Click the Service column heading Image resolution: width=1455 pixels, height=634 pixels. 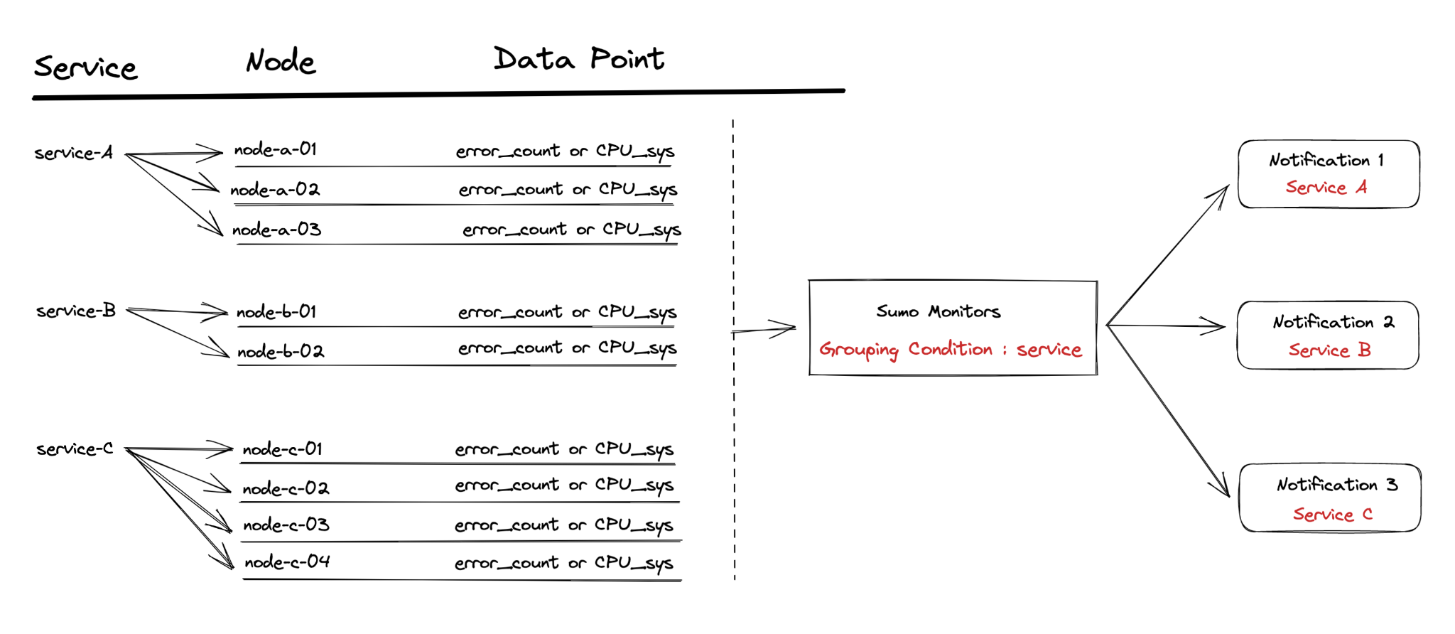85,68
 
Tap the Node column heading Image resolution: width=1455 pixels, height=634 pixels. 281,62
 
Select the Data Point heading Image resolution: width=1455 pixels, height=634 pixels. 579,59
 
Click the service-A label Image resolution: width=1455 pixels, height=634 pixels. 74,153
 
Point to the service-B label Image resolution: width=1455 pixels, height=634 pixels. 76,311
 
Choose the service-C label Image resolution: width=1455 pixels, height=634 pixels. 75,449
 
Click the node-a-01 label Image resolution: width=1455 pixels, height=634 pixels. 276,149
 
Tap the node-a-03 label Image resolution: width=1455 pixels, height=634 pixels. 277,230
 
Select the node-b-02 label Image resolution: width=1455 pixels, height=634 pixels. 281,351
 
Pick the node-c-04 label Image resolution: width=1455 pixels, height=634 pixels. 287,562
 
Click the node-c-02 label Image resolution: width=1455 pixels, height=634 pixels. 286,488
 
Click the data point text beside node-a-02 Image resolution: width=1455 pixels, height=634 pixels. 568,190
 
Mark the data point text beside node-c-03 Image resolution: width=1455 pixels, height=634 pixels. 564,525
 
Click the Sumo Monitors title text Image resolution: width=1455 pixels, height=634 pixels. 938,311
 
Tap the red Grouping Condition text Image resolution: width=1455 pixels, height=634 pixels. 951,350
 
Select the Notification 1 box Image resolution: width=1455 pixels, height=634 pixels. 1329,174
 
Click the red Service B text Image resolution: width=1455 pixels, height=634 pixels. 1329,350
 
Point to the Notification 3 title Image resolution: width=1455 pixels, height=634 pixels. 1337,485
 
